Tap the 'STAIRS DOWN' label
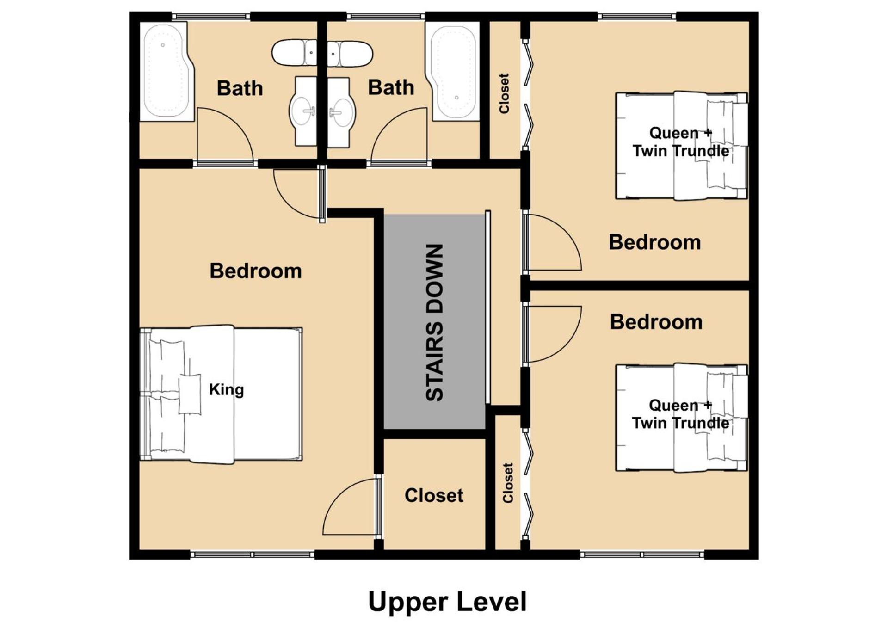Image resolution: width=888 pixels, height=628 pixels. click(435, 322)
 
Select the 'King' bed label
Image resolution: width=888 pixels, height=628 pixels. click(226, 389)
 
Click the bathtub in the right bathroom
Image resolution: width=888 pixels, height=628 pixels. click(452, 71)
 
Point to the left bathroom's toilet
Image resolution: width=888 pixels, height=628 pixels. click(294, 53)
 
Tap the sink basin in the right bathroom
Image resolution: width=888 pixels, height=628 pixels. click(341, 111)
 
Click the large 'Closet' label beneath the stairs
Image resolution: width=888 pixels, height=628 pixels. click(434, 495)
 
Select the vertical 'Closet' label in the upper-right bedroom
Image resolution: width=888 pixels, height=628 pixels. click(504, 93)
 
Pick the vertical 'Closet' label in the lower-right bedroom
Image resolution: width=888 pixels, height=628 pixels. click(508, 483)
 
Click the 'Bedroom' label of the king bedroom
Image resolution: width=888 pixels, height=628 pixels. click(255, 271)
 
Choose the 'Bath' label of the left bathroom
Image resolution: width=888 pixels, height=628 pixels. click(240, 88)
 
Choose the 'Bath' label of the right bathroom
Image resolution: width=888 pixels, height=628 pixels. click(391, 87)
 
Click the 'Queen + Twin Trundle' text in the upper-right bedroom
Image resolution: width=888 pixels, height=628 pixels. click(680, 142)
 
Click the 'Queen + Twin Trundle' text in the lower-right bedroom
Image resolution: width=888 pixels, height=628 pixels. click(680, 414)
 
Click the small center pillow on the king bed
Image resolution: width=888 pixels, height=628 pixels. click(190, 394)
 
